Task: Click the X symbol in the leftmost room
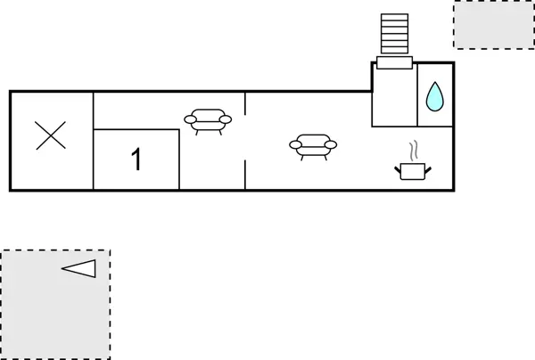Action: point(51,136)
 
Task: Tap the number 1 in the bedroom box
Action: point(136,160)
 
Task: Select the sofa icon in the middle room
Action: point(207,120)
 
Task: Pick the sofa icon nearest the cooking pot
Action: point(313,145)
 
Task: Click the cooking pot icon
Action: point(411,169)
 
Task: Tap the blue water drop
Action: point(434,97)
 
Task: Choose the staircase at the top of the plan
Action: point(393,36)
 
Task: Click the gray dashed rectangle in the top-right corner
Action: point(493,24)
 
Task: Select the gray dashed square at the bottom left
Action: point(55,304)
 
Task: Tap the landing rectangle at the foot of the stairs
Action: point(394,62)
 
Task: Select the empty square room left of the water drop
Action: point(394,96)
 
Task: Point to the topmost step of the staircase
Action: point(393,17)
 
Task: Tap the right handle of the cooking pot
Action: point(426,166)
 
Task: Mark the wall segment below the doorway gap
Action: point(245,175)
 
